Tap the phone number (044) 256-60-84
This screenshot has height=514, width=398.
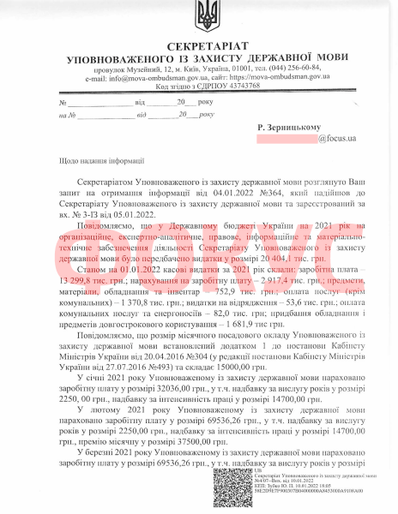(x=293, y=68)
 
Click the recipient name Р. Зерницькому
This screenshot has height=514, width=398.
(x=292, y=127)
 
